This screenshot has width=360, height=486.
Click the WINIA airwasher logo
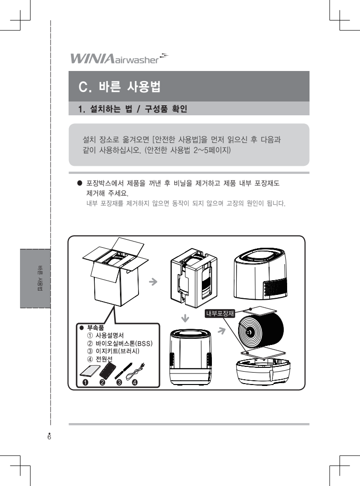point(119,58)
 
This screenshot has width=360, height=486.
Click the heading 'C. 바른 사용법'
point(119,86)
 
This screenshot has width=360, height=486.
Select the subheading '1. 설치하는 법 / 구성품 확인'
point(132,109)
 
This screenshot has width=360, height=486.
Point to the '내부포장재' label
point(220,314)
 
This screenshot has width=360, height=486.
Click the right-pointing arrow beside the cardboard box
point(153,282)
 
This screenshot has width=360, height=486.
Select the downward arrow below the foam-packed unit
point(185,318)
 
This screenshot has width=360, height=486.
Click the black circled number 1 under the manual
point(85,382)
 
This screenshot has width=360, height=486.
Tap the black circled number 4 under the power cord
point(135,382)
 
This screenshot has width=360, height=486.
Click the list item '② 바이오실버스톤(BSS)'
point(120,343)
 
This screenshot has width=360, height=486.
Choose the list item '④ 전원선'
point(100,359)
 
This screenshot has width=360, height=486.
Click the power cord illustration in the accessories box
point(136,370)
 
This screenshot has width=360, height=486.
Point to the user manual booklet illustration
point(90,371)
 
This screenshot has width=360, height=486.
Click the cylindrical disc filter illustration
point(261,333)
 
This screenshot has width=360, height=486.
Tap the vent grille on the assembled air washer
point(275,288)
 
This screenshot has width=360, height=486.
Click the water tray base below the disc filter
point(263,371)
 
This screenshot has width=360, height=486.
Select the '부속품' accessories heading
point(95,328)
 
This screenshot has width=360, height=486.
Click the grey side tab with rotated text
point(35,278)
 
